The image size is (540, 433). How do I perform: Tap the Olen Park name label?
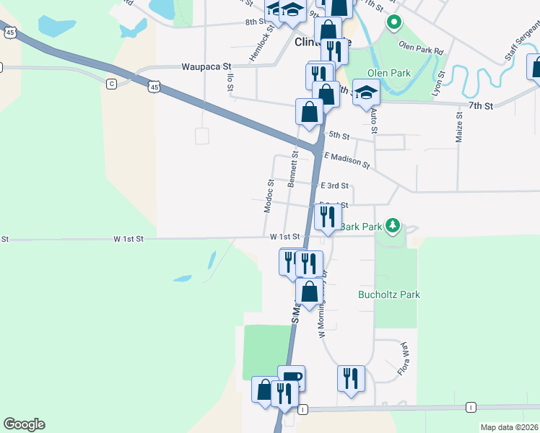(x=389, y=73)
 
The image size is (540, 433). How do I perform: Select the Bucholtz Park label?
(x=389, y=294)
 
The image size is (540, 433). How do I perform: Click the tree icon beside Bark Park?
(x=392, y=226)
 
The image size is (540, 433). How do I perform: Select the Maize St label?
(x=458, y=127)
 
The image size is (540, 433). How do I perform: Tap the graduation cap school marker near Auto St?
(x=366, y=93)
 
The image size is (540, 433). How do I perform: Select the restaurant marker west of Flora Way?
(x=351, y=378)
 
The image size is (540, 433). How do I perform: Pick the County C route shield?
(x=111, y=84)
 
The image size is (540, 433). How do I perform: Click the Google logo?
(x=24, y=424)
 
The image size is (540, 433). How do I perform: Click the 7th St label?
(x=479, y=106)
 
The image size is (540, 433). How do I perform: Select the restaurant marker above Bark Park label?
(x=328, y=216)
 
